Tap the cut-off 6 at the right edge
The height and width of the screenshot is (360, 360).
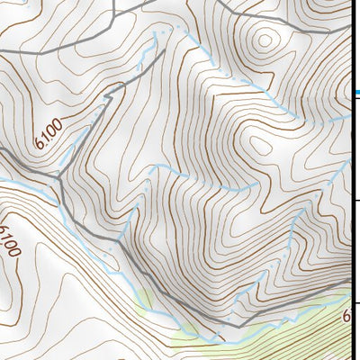[x=346, y=316]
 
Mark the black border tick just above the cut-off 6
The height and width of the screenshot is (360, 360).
[x=356, y=303]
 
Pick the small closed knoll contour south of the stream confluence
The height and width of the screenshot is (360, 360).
[x=260, y=144]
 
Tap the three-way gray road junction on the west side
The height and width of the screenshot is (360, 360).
[x=59, y=179]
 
